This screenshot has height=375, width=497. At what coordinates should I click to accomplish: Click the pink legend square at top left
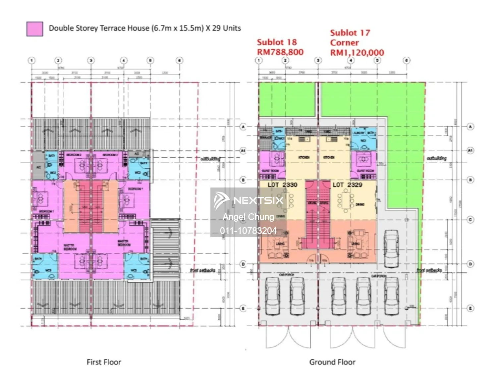34,29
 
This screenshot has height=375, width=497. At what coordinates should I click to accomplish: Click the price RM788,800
280,52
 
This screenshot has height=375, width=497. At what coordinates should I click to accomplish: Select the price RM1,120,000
357,53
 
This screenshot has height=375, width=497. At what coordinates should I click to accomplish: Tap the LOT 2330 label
282,185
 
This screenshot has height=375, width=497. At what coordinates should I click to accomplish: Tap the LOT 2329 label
347,185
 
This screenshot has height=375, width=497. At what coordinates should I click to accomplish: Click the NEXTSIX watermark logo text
258,200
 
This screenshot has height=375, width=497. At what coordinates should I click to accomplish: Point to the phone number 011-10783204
248,231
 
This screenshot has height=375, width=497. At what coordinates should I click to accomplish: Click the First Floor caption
104,362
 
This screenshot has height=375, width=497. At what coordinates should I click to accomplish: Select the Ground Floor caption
332,362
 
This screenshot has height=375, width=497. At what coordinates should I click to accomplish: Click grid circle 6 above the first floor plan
180,60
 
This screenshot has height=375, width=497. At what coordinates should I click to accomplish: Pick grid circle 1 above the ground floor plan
259,60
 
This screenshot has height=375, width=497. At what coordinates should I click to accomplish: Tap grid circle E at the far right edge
470,308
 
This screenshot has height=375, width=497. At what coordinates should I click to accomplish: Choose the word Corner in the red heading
344,43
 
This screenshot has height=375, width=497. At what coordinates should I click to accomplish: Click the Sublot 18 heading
277,42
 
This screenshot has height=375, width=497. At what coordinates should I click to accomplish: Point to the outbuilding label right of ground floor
436,158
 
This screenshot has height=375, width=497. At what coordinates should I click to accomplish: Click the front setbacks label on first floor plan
202,270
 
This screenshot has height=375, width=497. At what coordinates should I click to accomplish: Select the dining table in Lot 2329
345,202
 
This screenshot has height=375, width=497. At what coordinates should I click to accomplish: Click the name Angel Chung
248,217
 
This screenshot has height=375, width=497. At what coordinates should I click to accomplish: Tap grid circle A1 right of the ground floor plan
470,150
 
